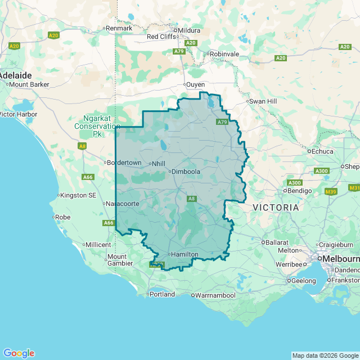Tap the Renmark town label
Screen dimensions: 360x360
[119, 28]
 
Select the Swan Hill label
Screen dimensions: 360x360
[263, 101]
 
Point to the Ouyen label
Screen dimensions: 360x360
[196, 84]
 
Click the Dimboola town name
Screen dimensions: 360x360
[186, 172]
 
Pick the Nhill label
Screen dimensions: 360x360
[159, 164]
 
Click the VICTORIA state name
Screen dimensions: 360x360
[276, 208]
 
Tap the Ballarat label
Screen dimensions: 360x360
[277, 242]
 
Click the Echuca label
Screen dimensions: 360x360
[323, 151]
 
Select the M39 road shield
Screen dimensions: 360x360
[331, 192]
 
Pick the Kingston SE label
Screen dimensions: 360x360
[79, 195]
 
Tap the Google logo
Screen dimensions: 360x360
[19, 353]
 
